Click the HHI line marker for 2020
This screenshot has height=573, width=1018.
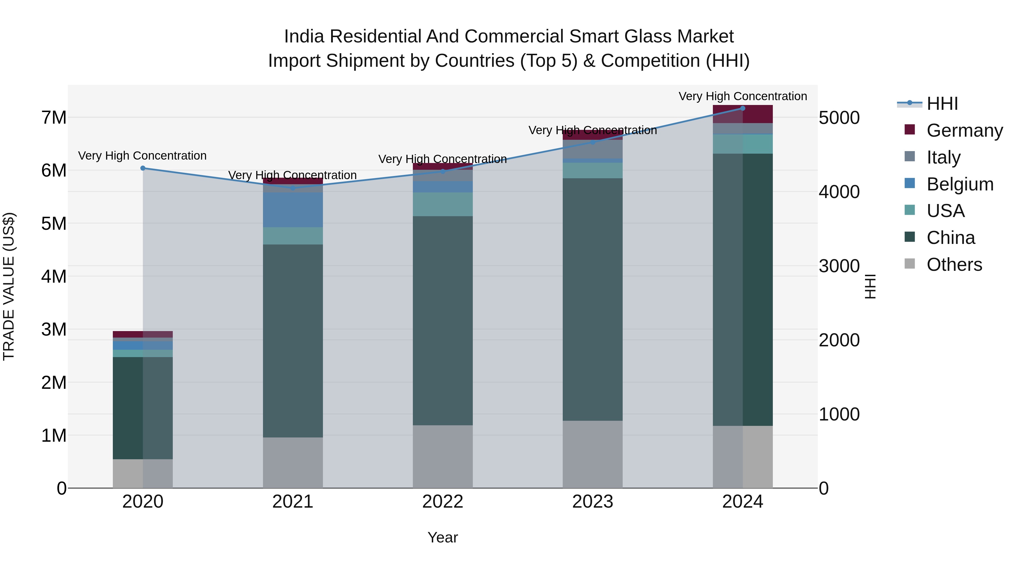tap(143, 168)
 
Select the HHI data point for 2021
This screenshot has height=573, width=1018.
tap(293, 188)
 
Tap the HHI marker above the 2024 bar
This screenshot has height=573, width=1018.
tap(743, 108)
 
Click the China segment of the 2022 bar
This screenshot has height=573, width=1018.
tap(443, 320)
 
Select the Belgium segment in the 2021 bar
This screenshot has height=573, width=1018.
tap(293, 210)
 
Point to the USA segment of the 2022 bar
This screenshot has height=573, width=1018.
tap(443, 204)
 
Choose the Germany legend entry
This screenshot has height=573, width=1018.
tap(964, 130)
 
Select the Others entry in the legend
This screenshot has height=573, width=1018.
tap(954, 264)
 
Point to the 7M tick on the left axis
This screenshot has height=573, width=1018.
tap(54, 117)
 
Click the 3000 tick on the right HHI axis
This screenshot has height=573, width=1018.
tap(839, 266)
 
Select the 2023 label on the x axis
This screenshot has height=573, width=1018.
tap(592, 501)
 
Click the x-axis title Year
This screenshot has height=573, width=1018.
tap(443, 537)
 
